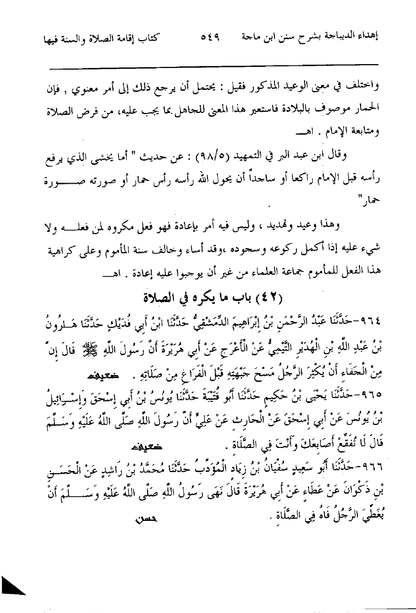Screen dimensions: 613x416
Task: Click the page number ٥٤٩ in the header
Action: (208, 39)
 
